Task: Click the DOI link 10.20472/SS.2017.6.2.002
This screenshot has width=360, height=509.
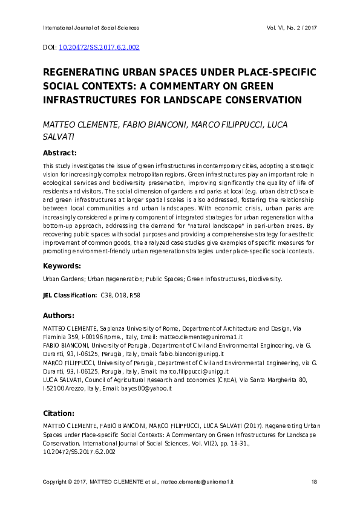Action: click(x=100, y=47)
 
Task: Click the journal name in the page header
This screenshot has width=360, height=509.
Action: click(x=91, y=28)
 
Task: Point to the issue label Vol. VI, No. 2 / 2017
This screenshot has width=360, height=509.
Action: click(x=292, y=28)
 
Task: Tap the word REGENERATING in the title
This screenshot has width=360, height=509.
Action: click(x=84, y=72)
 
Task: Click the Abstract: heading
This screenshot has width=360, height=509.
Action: click(x=60, y=154)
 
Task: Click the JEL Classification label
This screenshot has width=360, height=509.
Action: click(x=69, y=295)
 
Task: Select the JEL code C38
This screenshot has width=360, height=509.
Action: click(x=106, y=295)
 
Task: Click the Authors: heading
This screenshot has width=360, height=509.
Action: click(x=59, y=315)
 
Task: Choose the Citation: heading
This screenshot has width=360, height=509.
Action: click(x=58, y=413)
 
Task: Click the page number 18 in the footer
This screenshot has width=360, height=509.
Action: click(x=314, y=481)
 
